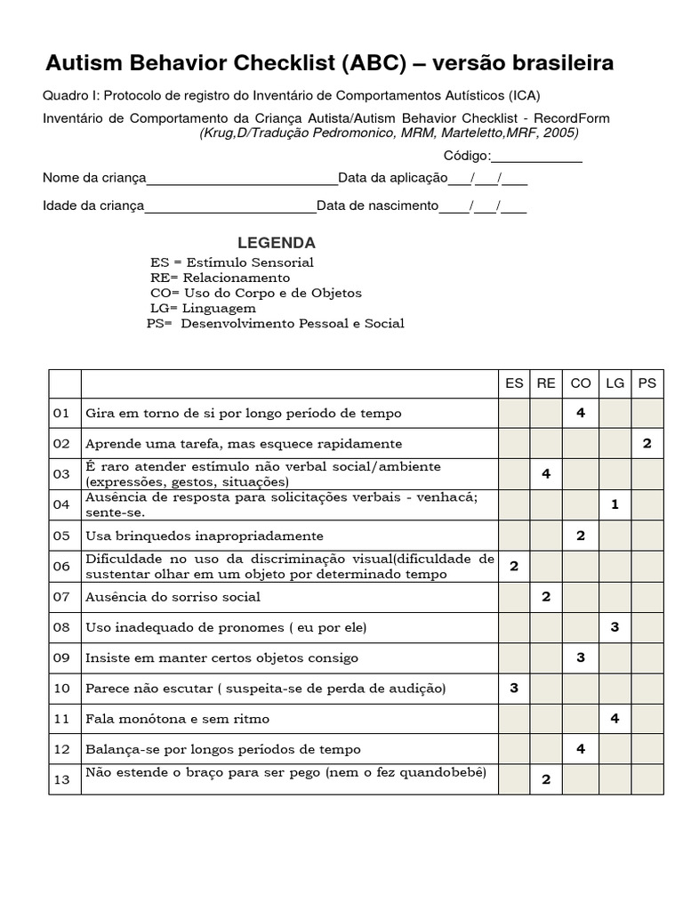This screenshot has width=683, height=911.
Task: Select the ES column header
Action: coord(514,383)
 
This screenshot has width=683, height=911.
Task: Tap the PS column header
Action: coord(647,383)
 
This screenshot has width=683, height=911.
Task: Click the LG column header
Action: coord(615,383)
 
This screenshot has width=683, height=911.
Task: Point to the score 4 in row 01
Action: coord(580,413)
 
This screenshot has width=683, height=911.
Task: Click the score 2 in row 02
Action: coord(647,443)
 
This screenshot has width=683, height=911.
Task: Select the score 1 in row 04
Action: coord(615,504)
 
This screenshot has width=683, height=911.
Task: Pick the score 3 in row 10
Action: coord(514,688)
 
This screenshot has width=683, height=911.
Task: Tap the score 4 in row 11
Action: coord(615,718)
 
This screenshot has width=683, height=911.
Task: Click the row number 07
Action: coord(61,597)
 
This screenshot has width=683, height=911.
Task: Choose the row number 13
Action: coord(61,779)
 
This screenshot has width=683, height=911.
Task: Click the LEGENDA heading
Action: coord(276,243)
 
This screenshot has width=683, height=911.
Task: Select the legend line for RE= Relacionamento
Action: coord(221,278)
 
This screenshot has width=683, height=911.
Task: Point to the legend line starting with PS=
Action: coord(276,323)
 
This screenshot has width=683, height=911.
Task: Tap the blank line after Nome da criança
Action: coord(242,178)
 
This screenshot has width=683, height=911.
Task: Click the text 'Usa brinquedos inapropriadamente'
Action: coord(205,536)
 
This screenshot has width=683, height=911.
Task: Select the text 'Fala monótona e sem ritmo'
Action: coord(177,718)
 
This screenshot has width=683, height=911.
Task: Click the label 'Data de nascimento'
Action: coord(378,206)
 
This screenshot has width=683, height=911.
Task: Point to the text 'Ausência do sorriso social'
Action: coord(173,597)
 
